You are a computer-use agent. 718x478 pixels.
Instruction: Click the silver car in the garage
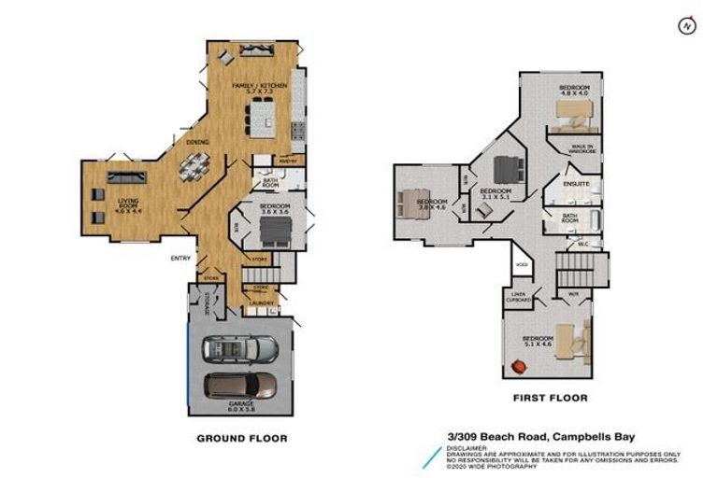tap(240, 349)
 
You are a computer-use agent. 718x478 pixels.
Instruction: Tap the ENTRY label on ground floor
tap(180, 259)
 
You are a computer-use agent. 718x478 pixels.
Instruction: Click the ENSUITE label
tap(576, 185)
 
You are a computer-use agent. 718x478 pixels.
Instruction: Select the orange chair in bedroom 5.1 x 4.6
tap(515, 355)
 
